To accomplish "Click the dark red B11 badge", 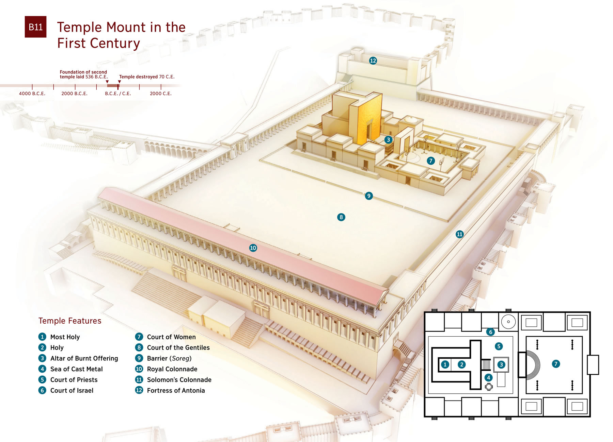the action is [35, 27].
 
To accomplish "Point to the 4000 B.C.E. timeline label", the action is [32, 93].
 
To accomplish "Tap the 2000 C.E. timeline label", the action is [161, 93].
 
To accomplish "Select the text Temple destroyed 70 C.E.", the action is [147, 77].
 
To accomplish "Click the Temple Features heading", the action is [70, 321].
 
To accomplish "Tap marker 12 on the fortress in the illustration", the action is [373, 61].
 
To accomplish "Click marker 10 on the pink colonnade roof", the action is [253, 248].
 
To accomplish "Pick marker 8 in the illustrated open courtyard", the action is [341, 217].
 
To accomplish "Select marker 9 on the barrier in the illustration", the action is [368, 196].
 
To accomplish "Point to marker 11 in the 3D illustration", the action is [459, 234].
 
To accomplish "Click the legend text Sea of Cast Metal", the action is [76, 369].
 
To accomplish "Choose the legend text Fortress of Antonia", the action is [176, 390].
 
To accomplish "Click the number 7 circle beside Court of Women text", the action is [139, 337].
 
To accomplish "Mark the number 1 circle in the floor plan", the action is [445, 364].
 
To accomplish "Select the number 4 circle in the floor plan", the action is [488, 377].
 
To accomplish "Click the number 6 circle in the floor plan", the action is [490, 332].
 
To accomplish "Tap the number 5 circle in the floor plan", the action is [499, 346].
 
